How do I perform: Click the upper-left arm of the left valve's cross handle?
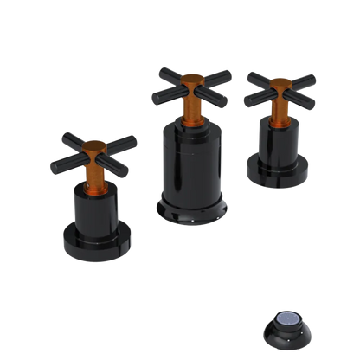point(72,137)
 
